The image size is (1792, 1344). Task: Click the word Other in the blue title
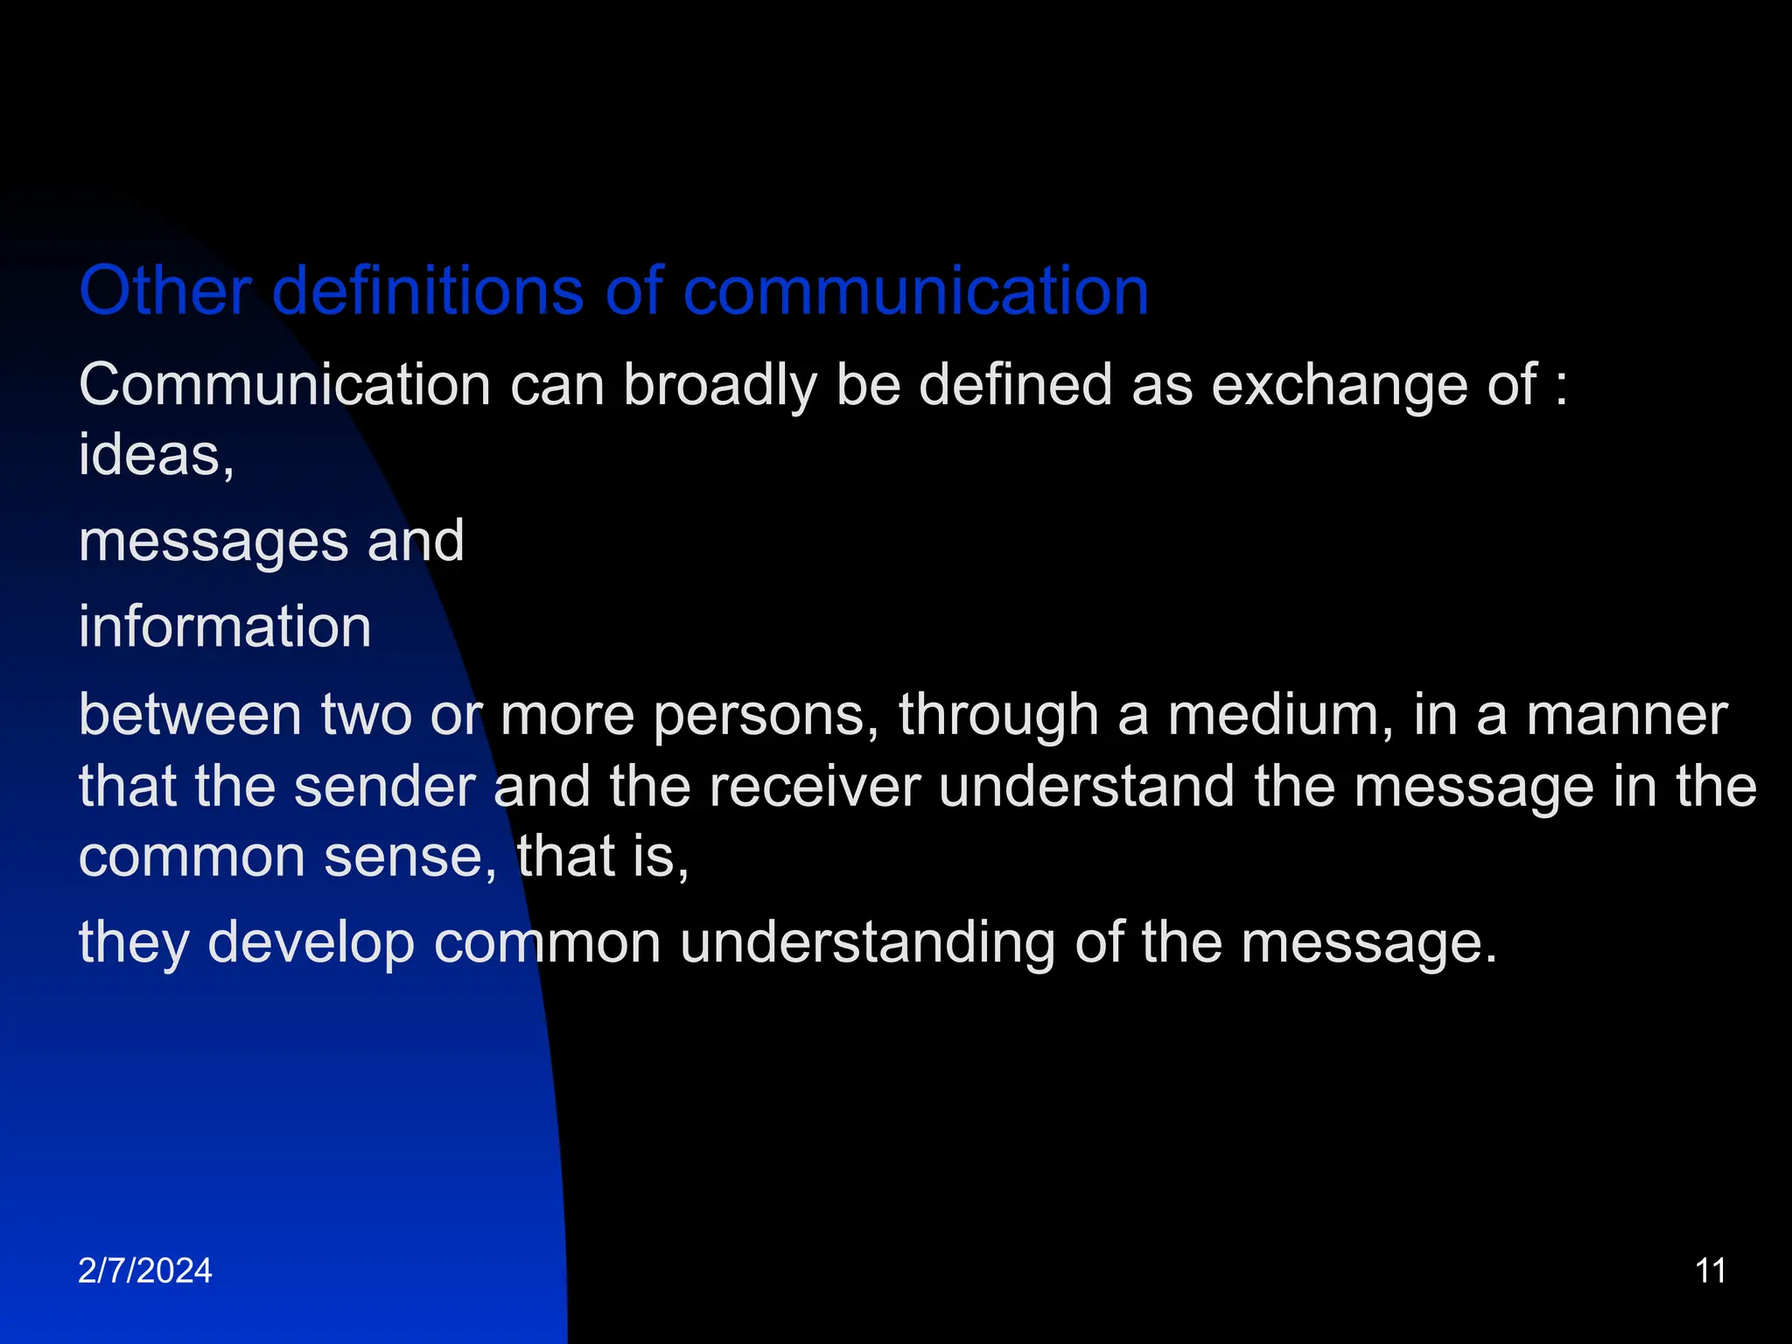(x=165, y=290)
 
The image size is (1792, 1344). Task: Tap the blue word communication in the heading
(x=915, y=290)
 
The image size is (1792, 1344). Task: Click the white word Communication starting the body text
(x=284, y=385)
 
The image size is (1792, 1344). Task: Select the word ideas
(x=150, y=455)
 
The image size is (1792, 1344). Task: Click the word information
(x=225, y=626)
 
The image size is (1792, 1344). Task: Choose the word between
(x=191, y=715)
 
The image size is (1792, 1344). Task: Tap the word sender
(x=384, y=786)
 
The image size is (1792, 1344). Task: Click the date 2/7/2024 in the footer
(x=145, y=1270)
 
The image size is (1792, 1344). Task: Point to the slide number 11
(x=1711, y=1270)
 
